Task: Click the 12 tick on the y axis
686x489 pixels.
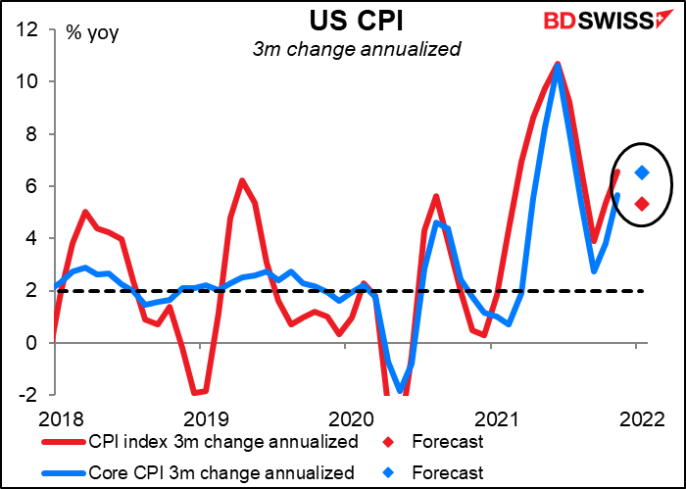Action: coord(29,29)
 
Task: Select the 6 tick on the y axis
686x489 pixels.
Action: coord(34,186)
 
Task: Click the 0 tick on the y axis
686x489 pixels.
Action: coord(34,343)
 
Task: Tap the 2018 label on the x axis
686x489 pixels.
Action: coord(54,417)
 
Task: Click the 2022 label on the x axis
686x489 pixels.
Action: coord(637,417)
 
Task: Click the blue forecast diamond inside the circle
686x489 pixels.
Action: coord(642,173)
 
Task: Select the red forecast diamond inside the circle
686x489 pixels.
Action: coord(642,204)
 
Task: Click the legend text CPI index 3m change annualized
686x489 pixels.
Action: coord(222,442)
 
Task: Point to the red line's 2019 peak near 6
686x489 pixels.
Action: coord(242,180)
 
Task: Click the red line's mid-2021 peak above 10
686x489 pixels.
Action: coord(558,64)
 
